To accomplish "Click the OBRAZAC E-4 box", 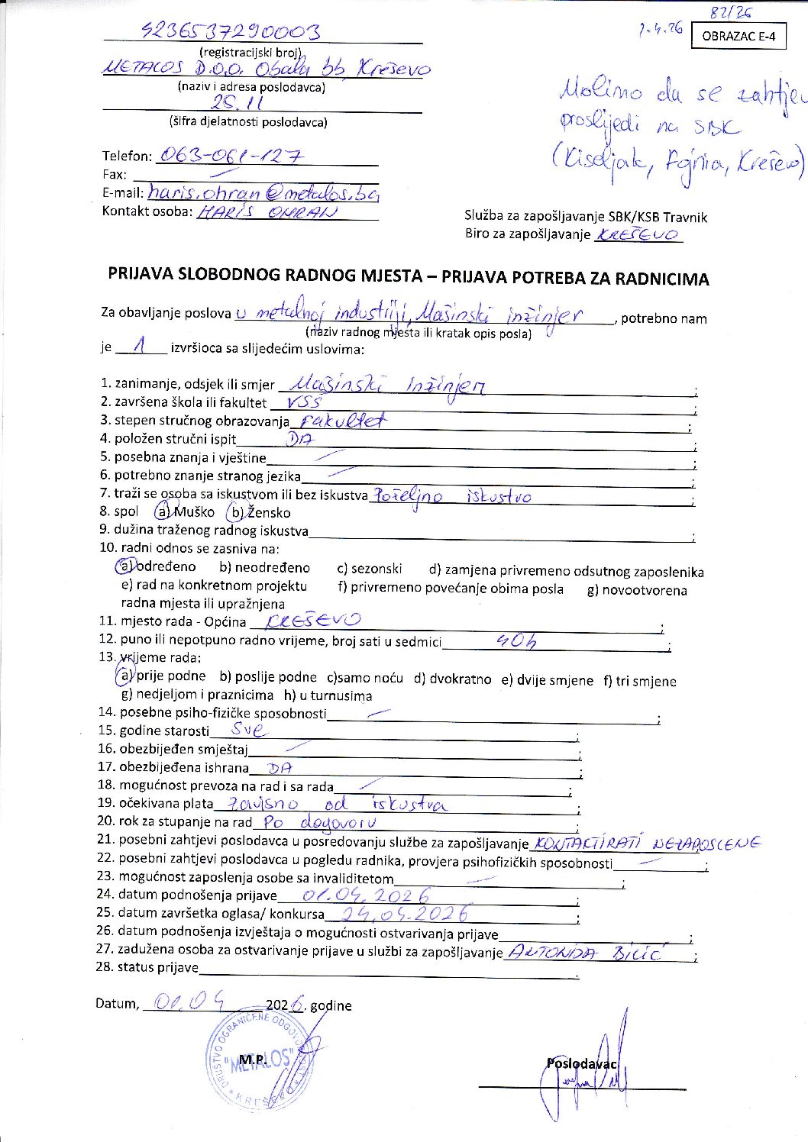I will (x=738, y=36).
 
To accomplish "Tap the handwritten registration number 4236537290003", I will (x=231, y=31).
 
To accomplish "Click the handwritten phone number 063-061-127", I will (x=230, y=156).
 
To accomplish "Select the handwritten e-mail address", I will (x=263, y=193).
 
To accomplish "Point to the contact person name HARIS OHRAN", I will (x=267, y=213).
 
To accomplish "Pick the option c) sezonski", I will (x=369, y=569).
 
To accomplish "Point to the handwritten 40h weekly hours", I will (x=516, y=641).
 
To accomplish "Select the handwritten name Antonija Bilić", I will (x=586, y=952).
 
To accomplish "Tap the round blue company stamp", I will (x=260, y=1060).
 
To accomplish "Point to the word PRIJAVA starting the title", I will (x=141, y=274).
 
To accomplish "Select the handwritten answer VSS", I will (x=302, y=402).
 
